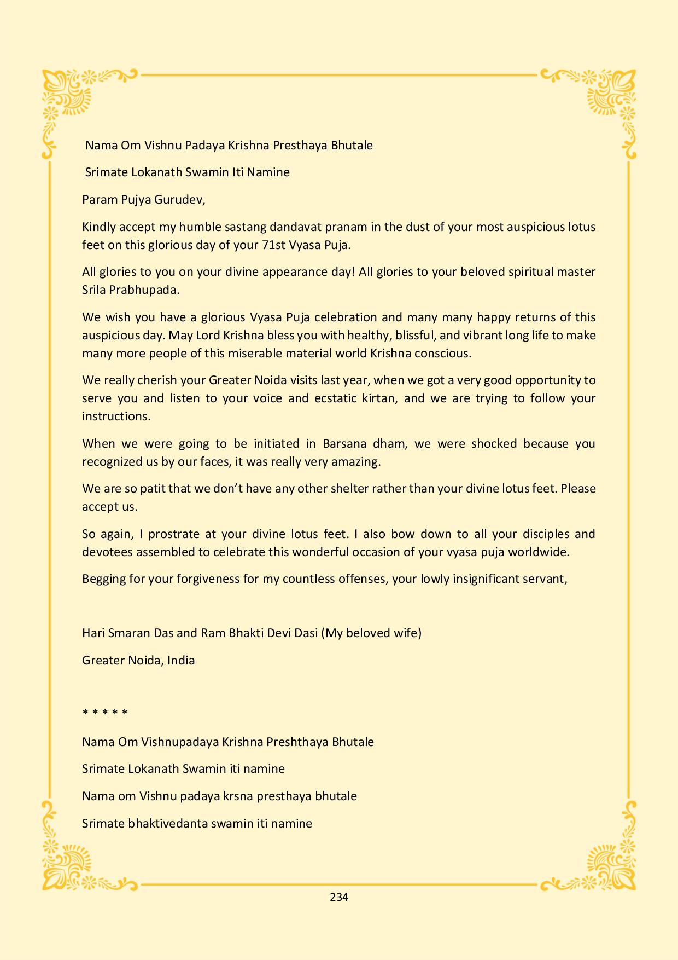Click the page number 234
tap(339, 897)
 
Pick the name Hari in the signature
tap(93, 633)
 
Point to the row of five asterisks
tap(105, 713)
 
